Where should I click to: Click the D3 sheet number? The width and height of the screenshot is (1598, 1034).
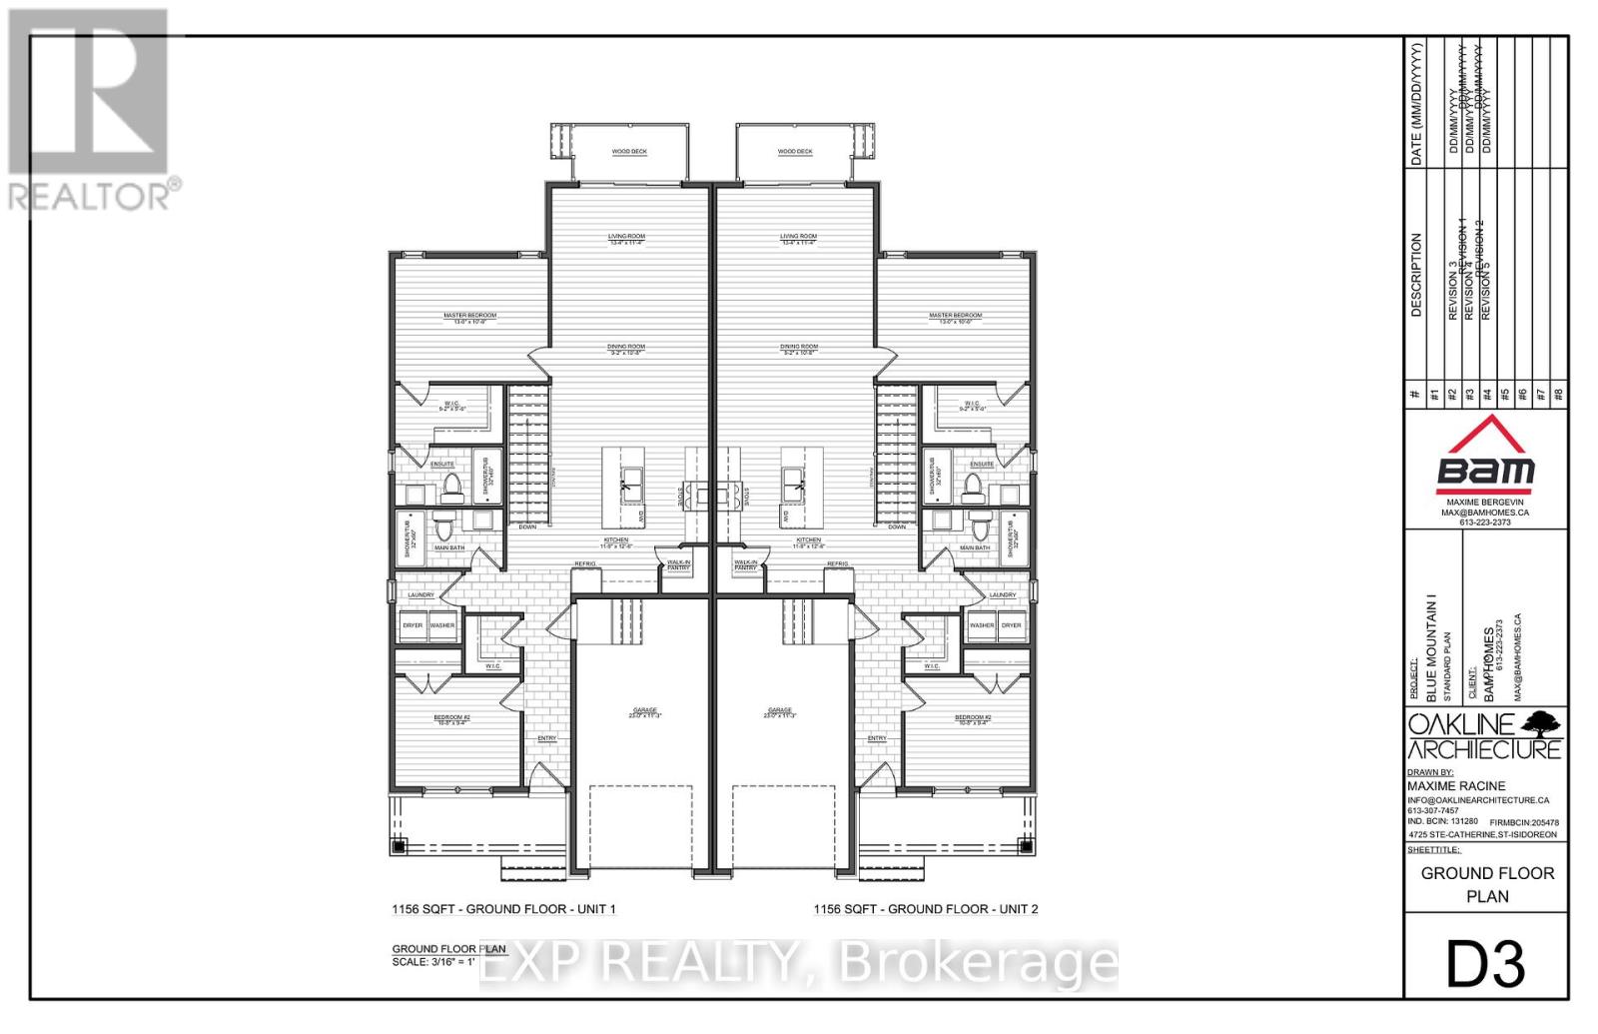tap(1486, 964)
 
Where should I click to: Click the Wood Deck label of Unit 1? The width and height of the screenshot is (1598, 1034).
tap(629, 152)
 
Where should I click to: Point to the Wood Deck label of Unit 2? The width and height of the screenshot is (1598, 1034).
tap(795, 152)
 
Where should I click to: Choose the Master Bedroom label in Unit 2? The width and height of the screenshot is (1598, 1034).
tap(955, 317)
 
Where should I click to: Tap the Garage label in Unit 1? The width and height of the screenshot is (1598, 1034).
tap(643, 711)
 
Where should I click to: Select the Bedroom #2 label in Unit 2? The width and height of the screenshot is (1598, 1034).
tap(972, 718)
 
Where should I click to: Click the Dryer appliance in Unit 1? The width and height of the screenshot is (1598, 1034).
tap(413, 626)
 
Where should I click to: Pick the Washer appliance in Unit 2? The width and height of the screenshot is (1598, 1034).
tap(982, 626)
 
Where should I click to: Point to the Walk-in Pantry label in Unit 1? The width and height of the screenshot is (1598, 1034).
tap(680, 564)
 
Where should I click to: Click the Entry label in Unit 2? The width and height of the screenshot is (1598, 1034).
tap(876, 738)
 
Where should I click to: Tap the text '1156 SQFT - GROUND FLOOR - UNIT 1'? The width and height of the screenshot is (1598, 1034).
tap(503, 909)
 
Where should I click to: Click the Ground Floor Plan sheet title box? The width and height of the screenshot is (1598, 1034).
tap(1487, 884)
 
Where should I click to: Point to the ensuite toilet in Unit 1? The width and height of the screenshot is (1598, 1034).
tap(452, 487)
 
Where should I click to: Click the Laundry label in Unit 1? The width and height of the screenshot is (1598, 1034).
tap(420, 595)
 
